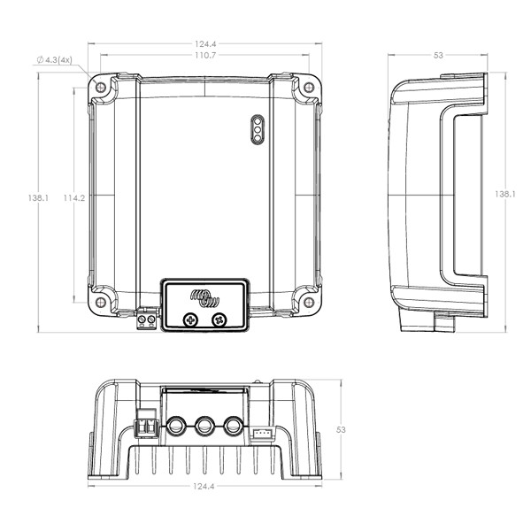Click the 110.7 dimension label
205,55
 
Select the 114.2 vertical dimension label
74,197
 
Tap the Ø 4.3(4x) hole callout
55,60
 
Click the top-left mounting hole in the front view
101,88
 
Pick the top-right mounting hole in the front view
309,88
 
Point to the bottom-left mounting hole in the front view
101,303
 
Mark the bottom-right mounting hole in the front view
309,303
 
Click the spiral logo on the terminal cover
204,298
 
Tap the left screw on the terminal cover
190,320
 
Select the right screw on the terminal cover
219,320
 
